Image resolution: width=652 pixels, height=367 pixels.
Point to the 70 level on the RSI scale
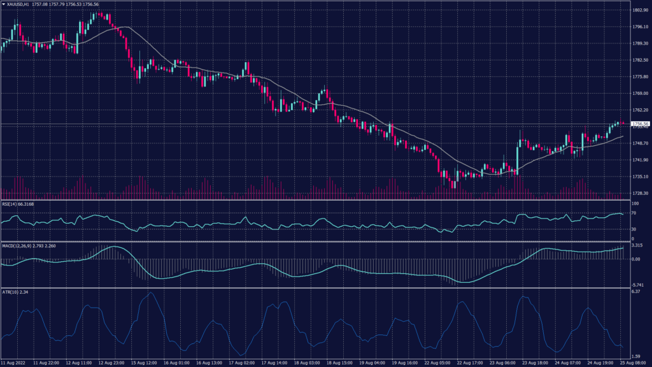[634, 213]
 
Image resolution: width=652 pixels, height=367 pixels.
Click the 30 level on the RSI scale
[634, 229]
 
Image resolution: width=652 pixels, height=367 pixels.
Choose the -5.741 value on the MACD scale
[637, 285]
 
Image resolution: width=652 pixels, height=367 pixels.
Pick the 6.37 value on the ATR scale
[635, 292]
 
